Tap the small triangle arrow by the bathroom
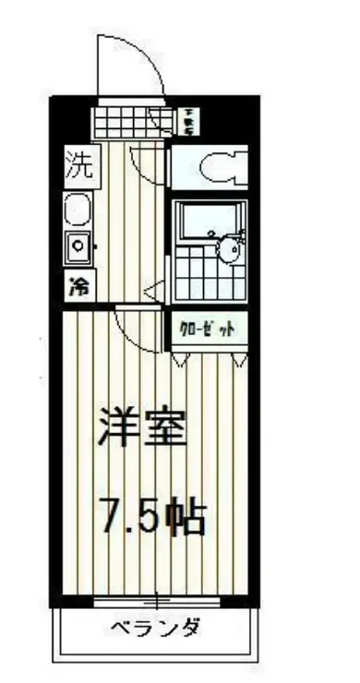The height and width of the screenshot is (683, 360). click(x=157, y=291)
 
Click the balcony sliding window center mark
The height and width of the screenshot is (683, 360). click(x=156, y=602)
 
